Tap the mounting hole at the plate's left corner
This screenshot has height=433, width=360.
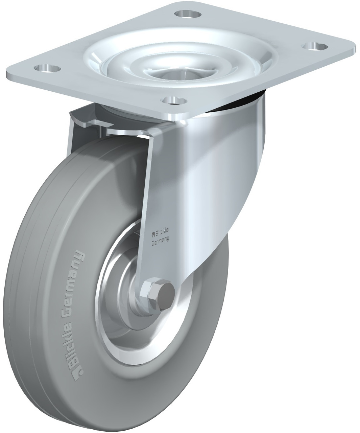47,68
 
